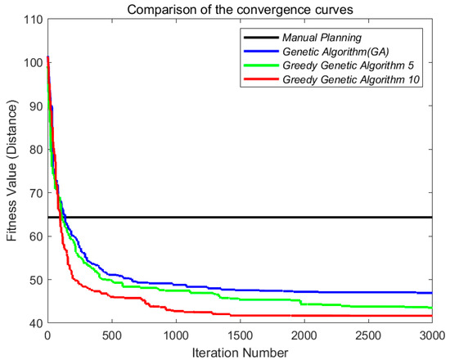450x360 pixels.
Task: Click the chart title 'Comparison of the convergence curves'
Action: click(239, 9)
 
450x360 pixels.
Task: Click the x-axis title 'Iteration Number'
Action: click(239, 352)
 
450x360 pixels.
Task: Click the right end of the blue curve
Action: click(431, 293)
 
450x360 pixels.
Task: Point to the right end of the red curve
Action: click(431, 316)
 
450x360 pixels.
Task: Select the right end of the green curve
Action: click(431, 308)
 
